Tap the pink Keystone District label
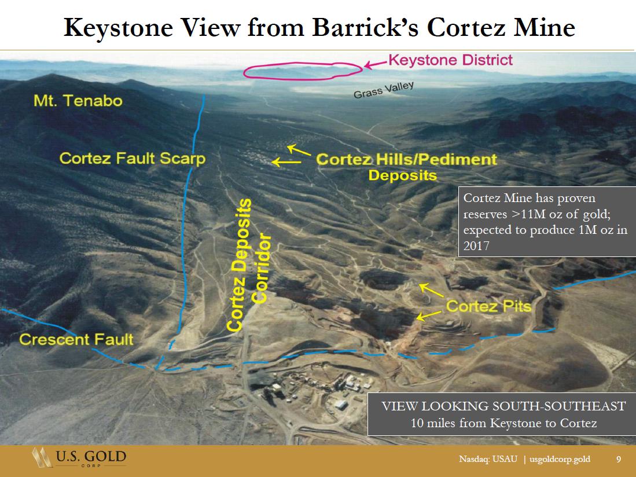(451, 60)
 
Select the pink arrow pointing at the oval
(376, 64)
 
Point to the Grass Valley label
(384, 90)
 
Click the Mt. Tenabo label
(78, 101)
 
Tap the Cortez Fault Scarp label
(132, 158)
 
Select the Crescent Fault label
(76, 339)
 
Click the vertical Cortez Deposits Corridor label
(248, 265)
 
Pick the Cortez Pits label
(488, 306)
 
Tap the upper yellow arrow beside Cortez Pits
(431, 291)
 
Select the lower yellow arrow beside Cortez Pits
(429, 316)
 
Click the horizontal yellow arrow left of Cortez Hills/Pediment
(286, 162)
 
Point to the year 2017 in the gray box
(476, 246)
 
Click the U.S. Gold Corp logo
(79, 457)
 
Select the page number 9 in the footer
(619, 459)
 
